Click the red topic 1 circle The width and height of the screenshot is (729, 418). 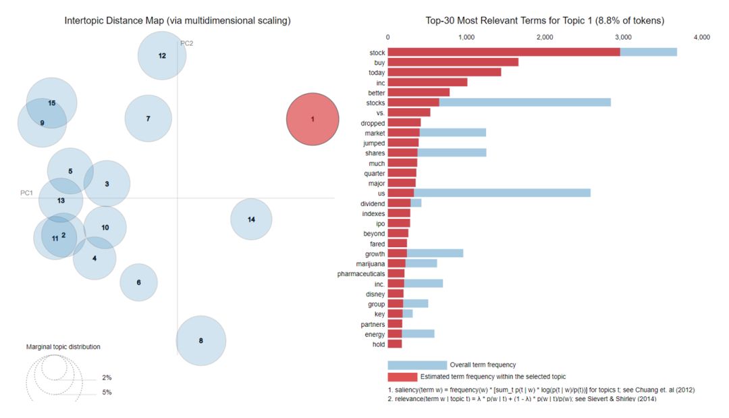pos(313,119)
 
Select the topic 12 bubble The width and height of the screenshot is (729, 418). pos(162,55)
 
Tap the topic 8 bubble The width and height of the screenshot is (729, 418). pos(201,340)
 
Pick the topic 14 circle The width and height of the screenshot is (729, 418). pos(251,219)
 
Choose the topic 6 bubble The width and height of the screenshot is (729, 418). pos(138,282)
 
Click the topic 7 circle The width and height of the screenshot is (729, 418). pos(148,119)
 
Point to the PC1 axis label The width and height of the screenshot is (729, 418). pos(26,192)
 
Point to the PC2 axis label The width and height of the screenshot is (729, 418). pos(186,43)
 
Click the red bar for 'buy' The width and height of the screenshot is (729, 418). pos(453,62)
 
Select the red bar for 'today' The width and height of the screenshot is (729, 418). pos(444,72)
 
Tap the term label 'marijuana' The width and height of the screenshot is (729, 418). pos(371,264)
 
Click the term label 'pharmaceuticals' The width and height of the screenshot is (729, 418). pos(361,274)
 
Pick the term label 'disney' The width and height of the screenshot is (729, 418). pos(375,294)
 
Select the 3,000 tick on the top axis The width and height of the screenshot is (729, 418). pos(623,37)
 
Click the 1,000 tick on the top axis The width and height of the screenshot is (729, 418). pos(466,37)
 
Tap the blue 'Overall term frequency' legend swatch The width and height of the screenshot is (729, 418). pos(417,365)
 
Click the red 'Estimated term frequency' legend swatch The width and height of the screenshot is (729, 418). pos(402,377)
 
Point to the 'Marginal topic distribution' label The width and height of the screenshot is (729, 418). pos(63,347)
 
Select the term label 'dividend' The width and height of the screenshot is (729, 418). pos(373,204)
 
